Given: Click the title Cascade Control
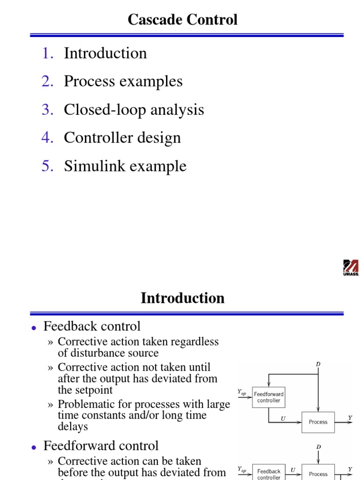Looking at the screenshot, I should tap(182, 20).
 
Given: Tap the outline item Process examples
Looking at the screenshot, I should tap(123, 82).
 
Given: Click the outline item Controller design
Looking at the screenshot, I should tap(122, 138).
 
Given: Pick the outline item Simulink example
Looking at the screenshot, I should tap(125, 166).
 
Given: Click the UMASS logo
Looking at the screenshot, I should tap(351, 268).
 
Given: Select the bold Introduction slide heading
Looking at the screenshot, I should tap(182, 298).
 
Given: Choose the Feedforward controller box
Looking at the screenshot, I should tap(269, 397).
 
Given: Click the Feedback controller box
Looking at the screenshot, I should tap(269, 473).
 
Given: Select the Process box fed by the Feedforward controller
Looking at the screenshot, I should tap(318, 422).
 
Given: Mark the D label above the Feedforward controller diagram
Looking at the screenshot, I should tap(318, 364).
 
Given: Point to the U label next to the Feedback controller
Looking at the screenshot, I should tap(292, 469).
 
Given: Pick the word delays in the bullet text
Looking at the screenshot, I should tap(73, 427).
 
